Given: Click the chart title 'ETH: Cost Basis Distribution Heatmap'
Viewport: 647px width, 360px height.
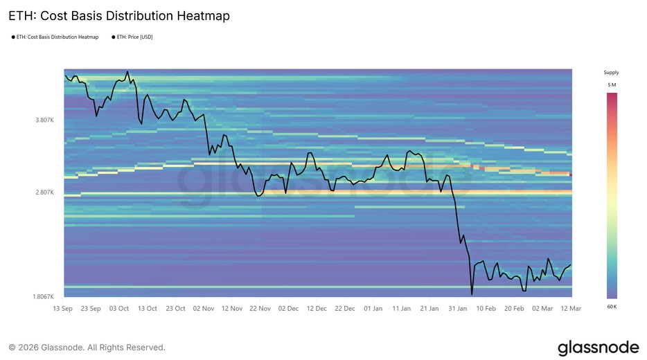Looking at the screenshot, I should [119, 15].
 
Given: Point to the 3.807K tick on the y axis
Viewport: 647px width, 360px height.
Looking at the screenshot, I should [45, 120].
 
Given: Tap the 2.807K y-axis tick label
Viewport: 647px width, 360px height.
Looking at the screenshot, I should [45, 192].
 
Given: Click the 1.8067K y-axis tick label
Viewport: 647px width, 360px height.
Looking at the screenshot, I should [44, 296].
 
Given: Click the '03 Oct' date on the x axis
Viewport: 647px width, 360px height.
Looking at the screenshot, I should [119, 308].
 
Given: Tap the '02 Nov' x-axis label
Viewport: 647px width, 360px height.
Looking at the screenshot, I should [204, 308].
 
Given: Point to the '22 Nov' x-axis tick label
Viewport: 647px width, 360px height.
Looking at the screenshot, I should [260, 308].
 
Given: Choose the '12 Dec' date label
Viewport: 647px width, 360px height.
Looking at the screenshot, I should [317, 308].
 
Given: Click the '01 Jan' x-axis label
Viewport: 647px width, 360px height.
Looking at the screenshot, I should [373, 308].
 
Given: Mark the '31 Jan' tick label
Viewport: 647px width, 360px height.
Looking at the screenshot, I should [458, 308].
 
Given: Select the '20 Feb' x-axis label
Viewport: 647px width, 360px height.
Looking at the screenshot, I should [514, 308].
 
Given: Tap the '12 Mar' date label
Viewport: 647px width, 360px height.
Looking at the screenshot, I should [571, 308].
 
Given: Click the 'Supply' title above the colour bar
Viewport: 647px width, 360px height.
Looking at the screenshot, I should [611, 72].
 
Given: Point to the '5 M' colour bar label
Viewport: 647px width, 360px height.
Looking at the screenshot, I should [611, 84].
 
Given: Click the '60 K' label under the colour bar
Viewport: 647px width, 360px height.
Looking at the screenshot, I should [611, 305].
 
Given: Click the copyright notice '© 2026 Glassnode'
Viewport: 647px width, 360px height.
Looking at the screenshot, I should [87, 348].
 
